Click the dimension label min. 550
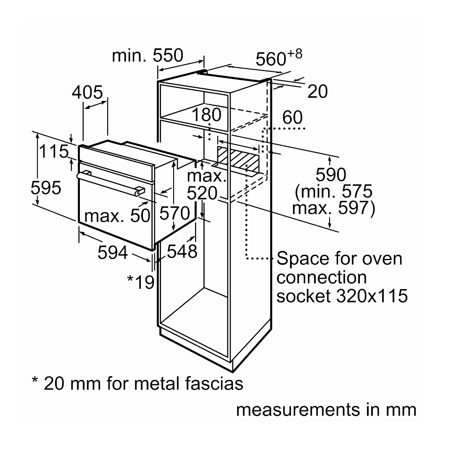point(148,55)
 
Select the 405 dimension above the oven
point(87,92)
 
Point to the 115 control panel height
point(53,151)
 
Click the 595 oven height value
point(46,187)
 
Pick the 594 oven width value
point(113,252)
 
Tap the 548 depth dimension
point(182,251)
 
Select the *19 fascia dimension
point(141,282)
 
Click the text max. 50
point(117,215)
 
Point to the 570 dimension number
point(174,213)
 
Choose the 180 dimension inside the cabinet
point(206,115)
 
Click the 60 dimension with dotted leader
point(293,117)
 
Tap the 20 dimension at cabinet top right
point(318,91)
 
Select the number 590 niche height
point(331,174)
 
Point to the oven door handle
point(111,184)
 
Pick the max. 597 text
point(333,208)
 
